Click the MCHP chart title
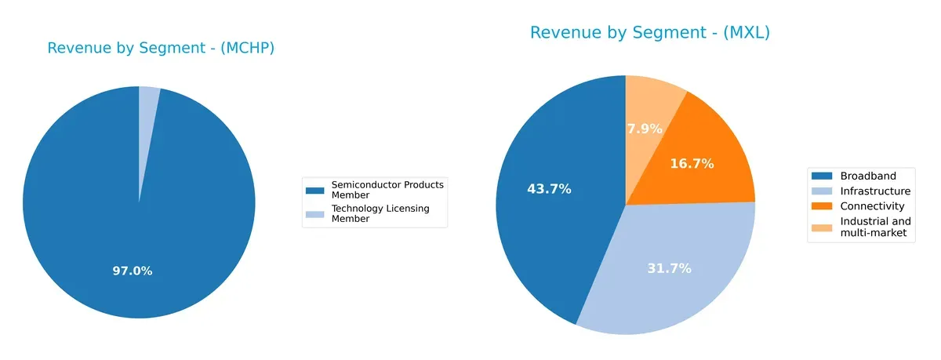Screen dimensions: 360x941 pos(161,48)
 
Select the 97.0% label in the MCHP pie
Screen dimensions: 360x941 pos(132,271)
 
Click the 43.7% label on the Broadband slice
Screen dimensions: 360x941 pos(548,189)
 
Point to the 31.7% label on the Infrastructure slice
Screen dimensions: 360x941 pos(669,268)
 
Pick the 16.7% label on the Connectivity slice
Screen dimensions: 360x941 pos(692,164)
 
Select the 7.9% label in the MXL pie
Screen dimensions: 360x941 pos(645,129)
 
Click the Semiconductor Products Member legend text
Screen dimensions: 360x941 pos(387,189)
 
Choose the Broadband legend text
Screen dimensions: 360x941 pos(867,176)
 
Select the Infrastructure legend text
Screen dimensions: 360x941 pos(875,191)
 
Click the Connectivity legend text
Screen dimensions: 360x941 pos(872,206)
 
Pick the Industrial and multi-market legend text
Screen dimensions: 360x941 pos(875,227)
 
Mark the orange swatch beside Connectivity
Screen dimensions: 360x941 pos(822,206)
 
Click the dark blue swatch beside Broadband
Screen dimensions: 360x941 pos(822,176)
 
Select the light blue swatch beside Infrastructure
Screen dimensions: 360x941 pos(822,191)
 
